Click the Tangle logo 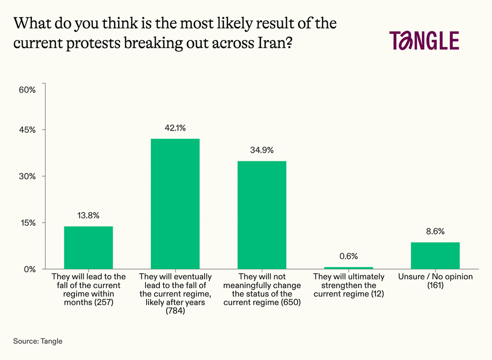pyautogui.click(x=424, y=41)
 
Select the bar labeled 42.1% pyautogui.click(x=175, y=204)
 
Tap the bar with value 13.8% pyautogui.click(x=89, y=248)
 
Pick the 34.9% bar pyautogui.click(x=262, y=215)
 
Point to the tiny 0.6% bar pyautogui.click(x=348, y=268)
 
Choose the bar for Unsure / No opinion pyautogui.click(x=435, y=256)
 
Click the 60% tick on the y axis pyautogui.click(x=27, y=90)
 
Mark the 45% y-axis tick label pyautogui.click(x=27, y=130)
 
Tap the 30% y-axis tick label pyautogui.click(x=27, y=176)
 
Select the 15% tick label pyautogui.click(x=27, y=223)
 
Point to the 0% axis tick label pyautogui.click(x=30, y=269)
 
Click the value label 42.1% pyautogui.click(x=175, y=128)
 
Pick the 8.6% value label pyautogui.click(x=435, y=231)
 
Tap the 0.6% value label pyautogui.click(x=348, y=256)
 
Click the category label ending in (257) pyautogui.click(x=89, y=290)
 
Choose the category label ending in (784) pyautogui.click(x=175, y=294)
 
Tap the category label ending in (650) pyautogui.click(x=262, y=290)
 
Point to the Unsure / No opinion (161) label pyautogui.click(x=435, y=281)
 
